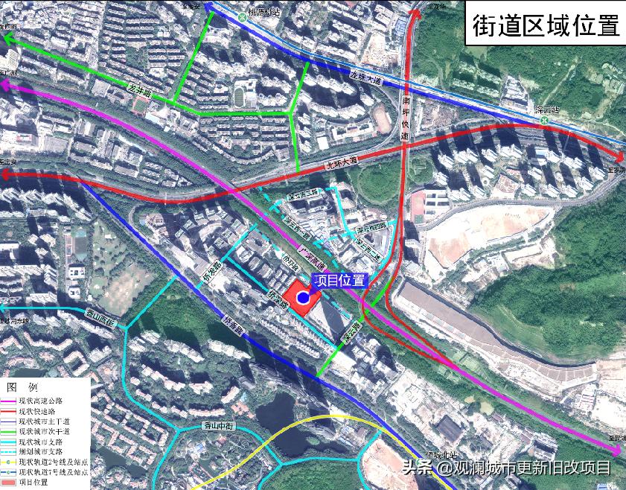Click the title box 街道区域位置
point(546,25)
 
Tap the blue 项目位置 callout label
point(339,281)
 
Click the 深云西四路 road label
point(370,227)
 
